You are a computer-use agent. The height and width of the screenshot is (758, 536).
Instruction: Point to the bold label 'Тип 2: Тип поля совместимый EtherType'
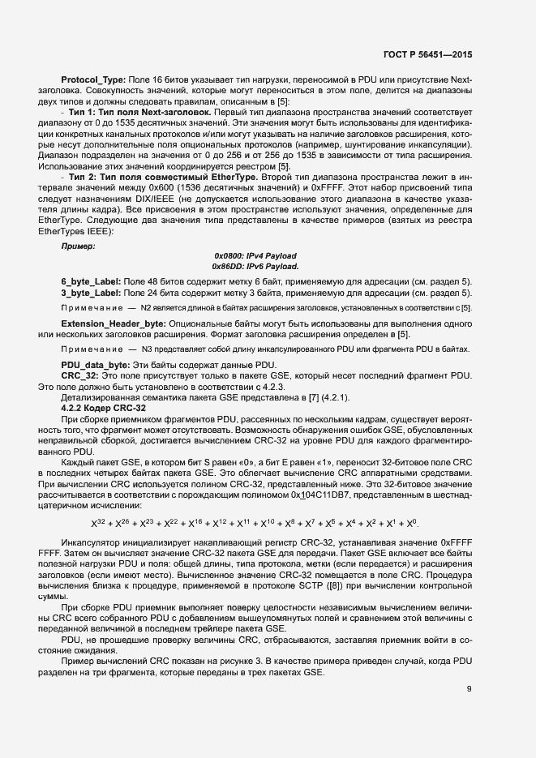pos(150,176)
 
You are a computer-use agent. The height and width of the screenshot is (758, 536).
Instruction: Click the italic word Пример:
pos(78,244)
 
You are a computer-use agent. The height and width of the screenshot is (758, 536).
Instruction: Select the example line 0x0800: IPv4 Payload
pos(255,255)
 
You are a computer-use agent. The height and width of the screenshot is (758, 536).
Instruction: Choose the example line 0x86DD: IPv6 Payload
pos(255,266)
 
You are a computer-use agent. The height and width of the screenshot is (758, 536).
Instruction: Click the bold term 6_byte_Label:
pos(91,280)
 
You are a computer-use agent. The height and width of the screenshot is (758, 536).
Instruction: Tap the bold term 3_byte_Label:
pos(91,291)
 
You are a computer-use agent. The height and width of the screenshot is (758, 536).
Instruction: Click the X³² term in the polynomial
pos(98,524)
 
